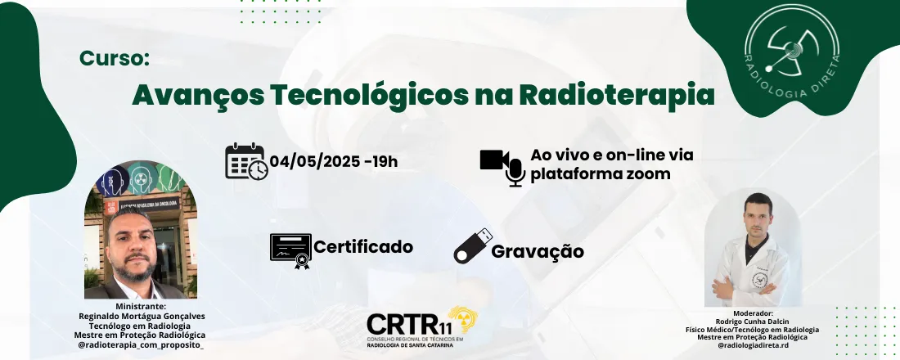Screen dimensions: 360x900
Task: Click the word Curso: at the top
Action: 115,59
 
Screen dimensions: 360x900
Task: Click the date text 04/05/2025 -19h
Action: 334,160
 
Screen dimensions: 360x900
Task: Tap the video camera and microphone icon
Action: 502,166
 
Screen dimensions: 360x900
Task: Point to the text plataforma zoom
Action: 601,173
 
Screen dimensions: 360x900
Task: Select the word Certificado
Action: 363,246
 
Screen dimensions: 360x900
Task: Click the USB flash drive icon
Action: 474,244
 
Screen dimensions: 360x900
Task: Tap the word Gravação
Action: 538,251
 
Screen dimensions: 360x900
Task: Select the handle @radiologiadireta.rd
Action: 752,346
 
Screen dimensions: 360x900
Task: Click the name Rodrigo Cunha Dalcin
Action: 752,321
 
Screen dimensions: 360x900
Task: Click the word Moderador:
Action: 752,313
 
